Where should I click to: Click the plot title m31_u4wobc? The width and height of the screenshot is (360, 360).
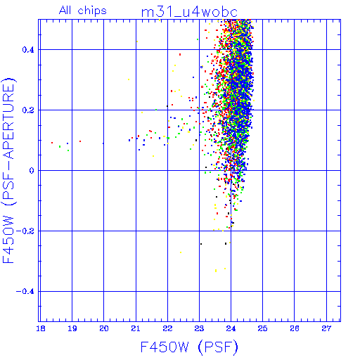tap(189, 12)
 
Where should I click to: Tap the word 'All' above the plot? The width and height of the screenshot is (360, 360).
tap(65, 11)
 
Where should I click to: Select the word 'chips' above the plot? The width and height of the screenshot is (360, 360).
tap(92, 11)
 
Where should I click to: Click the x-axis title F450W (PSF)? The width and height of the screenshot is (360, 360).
tap(189, 347)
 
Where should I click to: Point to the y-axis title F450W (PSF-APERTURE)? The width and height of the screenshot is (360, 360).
tap(8, 171)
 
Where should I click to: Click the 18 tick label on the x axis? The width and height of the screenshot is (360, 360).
tap(41, 328)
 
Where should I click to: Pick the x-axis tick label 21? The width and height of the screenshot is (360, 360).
tap(136, 328)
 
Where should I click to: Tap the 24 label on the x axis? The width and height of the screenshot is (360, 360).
tap(231, 328)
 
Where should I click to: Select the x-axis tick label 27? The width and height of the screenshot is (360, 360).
tap(326, 328)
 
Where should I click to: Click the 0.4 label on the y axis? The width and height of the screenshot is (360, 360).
tap(28, 50)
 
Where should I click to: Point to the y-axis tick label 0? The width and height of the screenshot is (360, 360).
tap(32, 171)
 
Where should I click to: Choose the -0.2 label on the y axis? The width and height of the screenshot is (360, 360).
tap(25, 231)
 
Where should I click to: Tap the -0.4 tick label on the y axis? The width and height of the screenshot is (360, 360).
tap(25, 292)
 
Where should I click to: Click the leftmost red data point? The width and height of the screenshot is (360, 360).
tap(52, 143)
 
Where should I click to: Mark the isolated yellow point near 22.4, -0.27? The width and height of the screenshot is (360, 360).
tap(181, 252)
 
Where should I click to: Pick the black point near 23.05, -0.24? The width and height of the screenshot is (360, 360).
tap(201, 244)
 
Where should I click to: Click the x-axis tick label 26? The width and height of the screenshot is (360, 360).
tap(295, 328)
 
